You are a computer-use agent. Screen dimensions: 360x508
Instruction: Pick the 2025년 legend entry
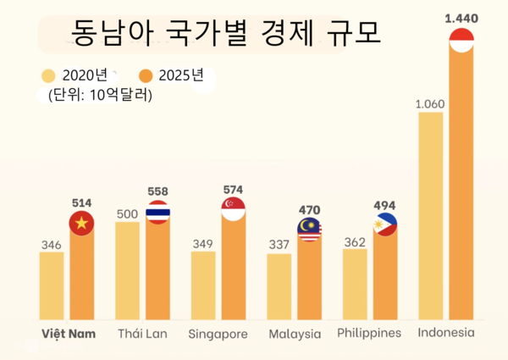(173, 75)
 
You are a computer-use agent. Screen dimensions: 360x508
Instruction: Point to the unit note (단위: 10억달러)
(101, 95)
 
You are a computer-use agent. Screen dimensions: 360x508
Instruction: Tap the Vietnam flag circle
(82, 224)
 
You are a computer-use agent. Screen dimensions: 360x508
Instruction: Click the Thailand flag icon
(157, 213)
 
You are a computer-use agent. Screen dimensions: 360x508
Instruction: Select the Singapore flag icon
(233, 208)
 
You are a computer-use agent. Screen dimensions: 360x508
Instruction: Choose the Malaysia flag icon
(309, 229)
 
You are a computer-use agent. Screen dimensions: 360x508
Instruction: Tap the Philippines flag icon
(385, 224)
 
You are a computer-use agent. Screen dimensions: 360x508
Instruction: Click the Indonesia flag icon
(461, 40)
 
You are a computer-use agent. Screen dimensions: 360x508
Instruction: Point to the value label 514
(82, 202)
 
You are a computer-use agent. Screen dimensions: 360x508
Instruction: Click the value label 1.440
(461, 17)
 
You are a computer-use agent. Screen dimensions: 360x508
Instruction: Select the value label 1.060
(431, 104)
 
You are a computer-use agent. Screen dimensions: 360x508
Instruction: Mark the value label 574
(233, 188)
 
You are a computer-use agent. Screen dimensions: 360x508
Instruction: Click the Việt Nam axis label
(69, 333)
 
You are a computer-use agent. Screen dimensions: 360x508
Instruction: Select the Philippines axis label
(369, 333)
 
